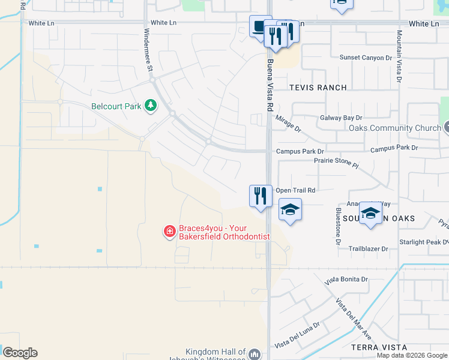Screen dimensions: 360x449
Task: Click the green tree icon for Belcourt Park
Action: click(149, 107)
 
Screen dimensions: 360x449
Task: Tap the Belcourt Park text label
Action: click(116, 107)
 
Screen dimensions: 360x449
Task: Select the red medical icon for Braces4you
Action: click(170, 231)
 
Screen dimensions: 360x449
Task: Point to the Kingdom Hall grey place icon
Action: click(255, 354)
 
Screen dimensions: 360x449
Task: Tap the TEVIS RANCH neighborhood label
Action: click(318, 88)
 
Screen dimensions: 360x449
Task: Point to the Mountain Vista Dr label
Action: click(399, 58)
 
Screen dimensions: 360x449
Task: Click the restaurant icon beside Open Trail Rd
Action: click(261, 196)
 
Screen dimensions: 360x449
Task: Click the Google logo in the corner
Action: click(20, 353)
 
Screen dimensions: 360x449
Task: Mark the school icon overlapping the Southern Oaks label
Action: click(370, 214)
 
